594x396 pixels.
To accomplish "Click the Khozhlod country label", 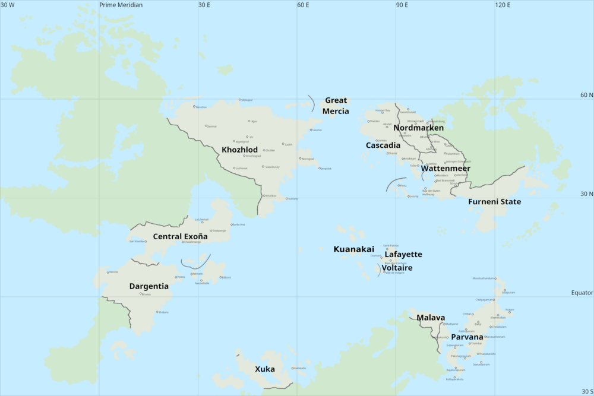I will [x=239, y=150].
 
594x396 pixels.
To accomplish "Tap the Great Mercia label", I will [x=336, y=106].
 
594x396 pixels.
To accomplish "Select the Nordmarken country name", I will [x=418, y=128].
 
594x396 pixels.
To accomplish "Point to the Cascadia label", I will [x=383, y=145].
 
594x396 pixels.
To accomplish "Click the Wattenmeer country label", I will [x=445, y=168].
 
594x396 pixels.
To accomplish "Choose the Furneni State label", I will [x=494, y=202].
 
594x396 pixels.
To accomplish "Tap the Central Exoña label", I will [x=181, y=236].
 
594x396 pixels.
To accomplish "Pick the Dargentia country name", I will [x=148, y=286].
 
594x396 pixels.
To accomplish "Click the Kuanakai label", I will [x=353, y=249].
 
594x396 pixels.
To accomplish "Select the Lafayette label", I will [x=403, y=254].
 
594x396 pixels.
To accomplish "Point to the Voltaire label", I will [x=397, y=268].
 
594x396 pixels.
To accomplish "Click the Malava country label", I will [x=430, y=318].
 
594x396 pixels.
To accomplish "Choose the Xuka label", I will [x=264, y=369].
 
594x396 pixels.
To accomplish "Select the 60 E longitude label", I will [x=304, y=5].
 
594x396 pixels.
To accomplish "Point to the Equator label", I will [x=582, y=293].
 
